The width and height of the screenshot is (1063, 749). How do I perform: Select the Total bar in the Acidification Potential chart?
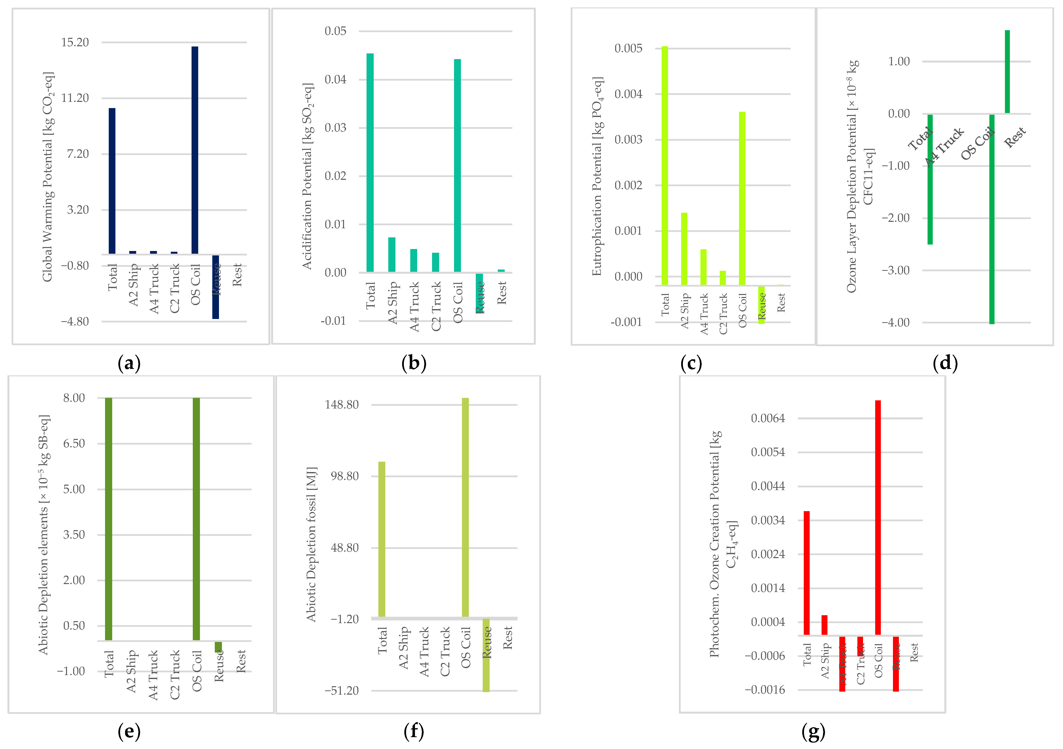pos(370,162)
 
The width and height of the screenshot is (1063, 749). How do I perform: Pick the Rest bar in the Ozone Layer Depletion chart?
pos(1007,72)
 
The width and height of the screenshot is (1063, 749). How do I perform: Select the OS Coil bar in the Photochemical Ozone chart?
pos(877,517)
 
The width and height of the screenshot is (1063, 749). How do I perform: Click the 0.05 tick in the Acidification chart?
pos(335,31)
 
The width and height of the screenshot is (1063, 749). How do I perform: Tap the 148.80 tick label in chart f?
pos(342,404)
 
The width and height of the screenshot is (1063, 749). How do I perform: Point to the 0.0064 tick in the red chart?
pos(768,418)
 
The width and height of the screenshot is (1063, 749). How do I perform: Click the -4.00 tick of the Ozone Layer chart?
pos(898,322)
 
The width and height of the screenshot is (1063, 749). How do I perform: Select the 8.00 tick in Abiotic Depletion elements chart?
pos(74,398)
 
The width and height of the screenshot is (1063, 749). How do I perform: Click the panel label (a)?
pos(129,363)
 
